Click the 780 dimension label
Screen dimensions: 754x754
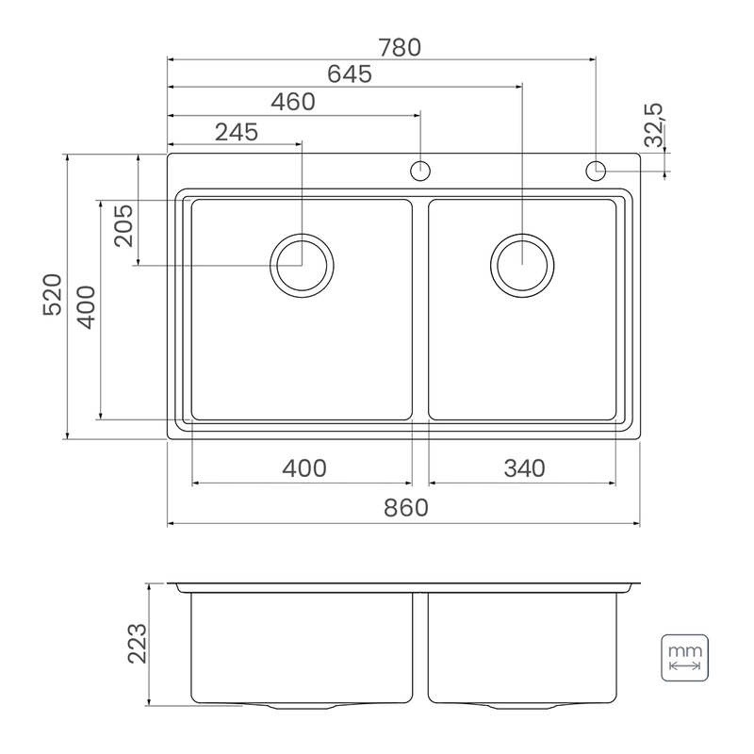point(400,47)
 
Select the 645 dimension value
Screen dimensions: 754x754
point(350,74)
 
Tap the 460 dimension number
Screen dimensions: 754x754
point(293,102)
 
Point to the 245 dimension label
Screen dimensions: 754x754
point(237,132)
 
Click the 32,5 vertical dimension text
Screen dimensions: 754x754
point(653,124)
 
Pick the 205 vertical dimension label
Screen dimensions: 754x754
point(123,225)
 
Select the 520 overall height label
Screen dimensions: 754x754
point(53,294)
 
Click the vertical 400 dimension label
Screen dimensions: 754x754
point(86,307)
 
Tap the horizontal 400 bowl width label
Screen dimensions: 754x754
point(303,467)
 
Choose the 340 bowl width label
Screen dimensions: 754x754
point(524,467)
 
